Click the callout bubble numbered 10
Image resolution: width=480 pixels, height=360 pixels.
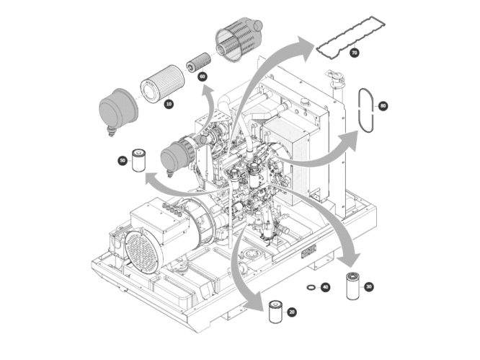pyautogui.click(x=169, y=104)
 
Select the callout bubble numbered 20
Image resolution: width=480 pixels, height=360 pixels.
pyautogui.click(x=292, y=312)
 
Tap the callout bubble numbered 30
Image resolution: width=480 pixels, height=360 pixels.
pyautogui.click(x=369, y=287)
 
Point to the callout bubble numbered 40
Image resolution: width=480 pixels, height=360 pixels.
pyautogui.click(x=325, y=287)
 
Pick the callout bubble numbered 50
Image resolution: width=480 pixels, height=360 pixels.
pyautogui.click(x=123, y=161)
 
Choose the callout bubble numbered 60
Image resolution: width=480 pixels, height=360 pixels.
pyautogui.click(x=203, y=76)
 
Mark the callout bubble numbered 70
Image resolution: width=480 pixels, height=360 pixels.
pyautogui.click(x=354, y=53)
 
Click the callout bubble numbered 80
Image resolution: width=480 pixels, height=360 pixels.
pyautogui.click(x=383, y=106)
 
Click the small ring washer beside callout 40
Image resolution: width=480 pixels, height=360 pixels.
pyautogui.click(x=311, y=287)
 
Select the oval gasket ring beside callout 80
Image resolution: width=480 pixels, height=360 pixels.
pyautogui.click(x=359, y=110)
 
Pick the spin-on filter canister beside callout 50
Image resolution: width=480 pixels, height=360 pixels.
pyautogui.click(x=138, y=160)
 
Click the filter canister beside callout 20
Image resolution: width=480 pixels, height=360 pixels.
pyautogui.click(x=275, y=312)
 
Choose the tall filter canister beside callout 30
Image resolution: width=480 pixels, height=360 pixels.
pyautogui.click(x=352, y=286)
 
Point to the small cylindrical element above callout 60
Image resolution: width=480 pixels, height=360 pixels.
pyautogui.click(x=199, y=63)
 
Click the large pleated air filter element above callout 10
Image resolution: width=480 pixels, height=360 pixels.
pyautogui.click(x=163, y=84)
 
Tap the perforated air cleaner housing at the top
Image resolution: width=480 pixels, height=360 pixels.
pyautogui.click(x=238, y=39)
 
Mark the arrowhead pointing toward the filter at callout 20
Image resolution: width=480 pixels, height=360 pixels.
pyautogui.click(x=254, y=302)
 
